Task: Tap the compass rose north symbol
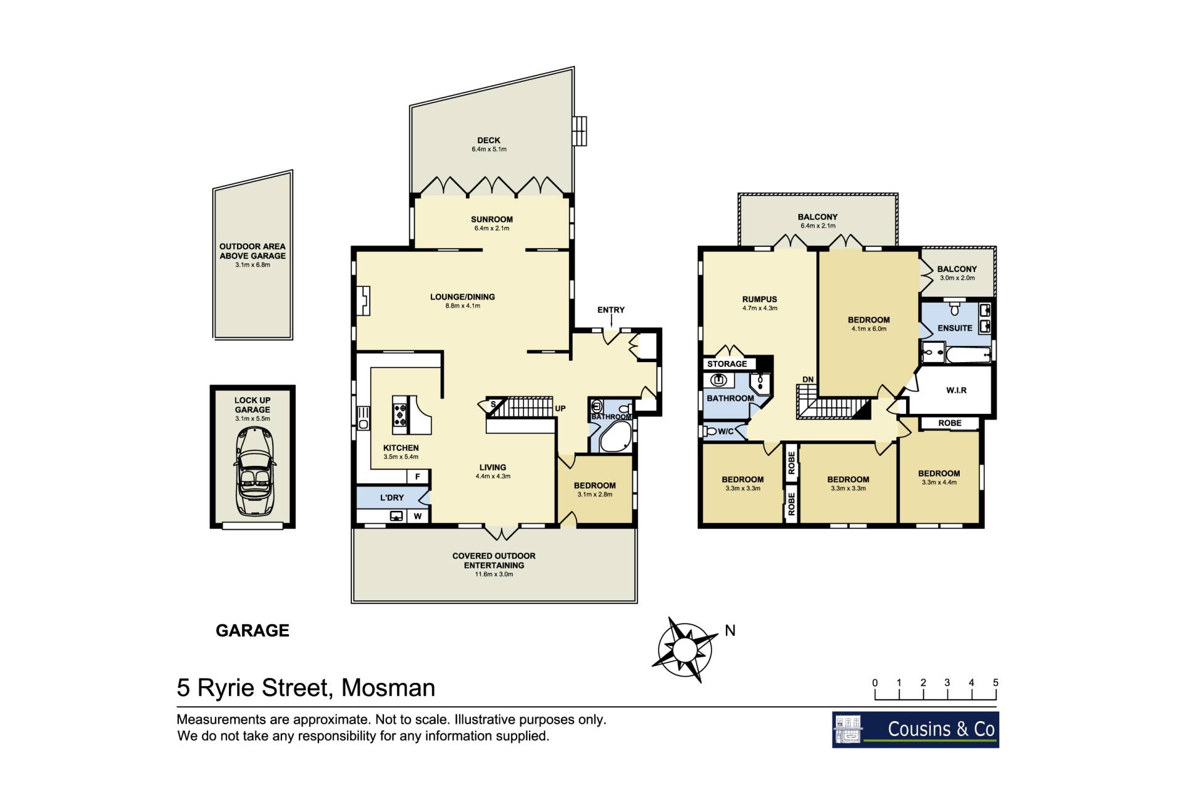coord(684,650)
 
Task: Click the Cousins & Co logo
coord(915,730)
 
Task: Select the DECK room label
coord(489,140)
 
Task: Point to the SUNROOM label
coord(492,219)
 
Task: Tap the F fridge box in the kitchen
coord(418,476)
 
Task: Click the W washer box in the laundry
coord(418,516)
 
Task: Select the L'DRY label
coord(392,497)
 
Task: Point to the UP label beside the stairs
coord(560,408)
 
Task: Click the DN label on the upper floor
coord(808,379)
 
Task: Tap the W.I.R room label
coord(957,390)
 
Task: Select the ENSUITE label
coord(955,328)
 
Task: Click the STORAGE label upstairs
coord(727,364)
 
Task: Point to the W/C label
coord(726,431)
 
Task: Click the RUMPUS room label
coord(760,299)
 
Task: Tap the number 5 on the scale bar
coord(996,682)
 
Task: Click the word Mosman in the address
coord(388,688)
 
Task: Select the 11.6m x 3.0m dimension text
coord(494,574)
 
